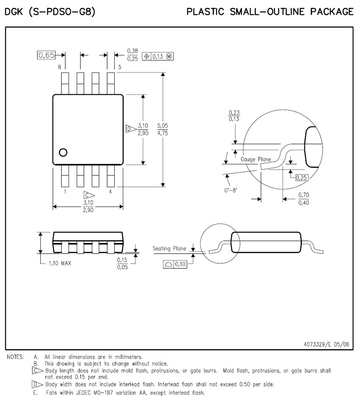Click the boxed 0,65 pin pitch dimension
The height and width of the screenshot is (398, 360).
click(46, 55)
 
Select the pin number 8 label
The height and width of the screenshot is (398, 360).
click(59, 67)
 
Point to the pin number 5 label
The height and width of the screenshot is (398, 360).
click(119, 67)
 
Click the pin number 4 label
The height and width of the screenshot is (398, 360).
click(110, 192)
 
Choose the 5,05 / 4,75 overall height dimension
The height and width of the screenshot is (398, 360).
click(163, 129)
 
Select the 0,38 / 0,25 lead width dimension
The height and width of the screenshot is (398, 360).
click(132, 55)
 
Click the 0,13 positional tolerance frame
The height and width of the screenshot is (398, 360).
click(158, 56)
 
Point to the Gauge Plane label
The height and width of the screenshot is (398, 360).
click(256, 159)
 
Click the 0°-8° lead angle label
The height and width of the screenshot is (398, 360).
click(231, 190)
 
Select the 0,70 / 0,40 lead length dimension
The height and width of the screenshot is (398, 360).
click(304, 199)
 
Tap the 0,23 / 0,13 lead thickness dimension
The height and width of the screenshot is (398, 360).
click(234, 116)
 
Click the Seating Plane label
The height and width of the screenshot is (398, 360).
click(169, 249)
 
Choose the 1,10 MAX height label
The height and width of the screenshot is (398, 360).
click(60, 263)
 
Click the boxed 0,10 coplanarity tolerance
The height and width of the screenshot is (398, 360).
click(175, 264)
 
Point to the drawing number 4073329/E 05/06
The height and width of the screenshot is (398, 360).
click(326, 344)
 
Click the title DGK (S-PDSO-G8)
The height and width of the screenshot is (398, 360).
click(50, 12)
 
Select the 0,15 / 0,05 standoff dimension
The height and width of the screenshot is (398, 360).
click(122, 263)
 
